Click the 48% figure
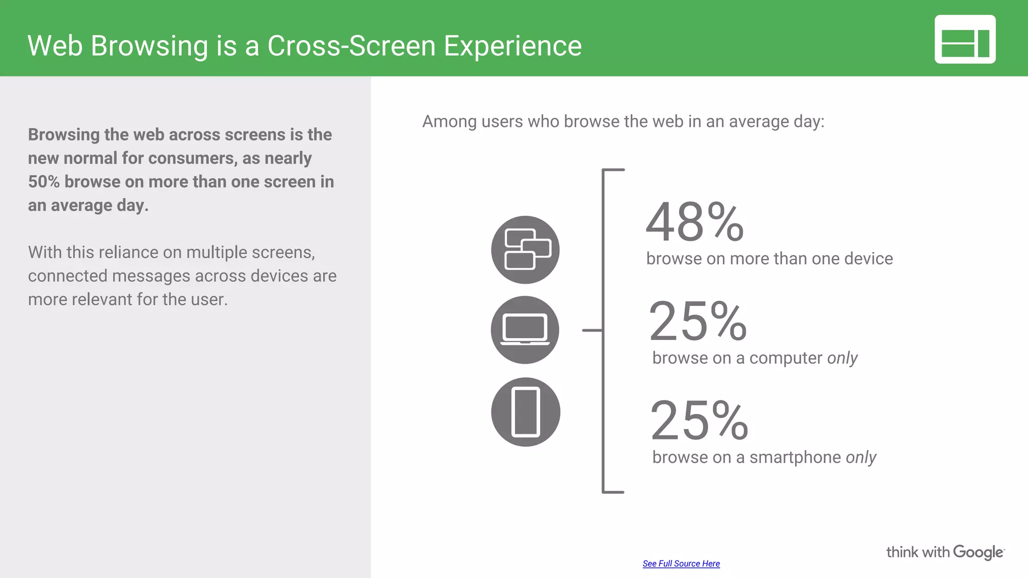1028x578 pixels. coord(695,222)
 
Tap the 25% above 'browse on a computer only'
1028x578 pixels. coord(698,322)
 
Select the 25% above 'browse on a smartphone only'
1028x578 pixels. coord(699,420)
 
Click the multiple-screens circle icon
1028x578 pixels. coord(525,250)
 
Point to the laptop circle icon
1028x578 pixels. coord(525,330)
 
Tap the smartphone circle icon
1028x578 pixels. coord(526,412)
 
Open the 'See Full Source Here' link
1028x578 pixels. coord(681,563)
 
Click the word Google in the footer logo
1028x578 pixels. coord(978,552)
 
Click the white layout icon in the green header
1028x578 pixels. coord(965,40)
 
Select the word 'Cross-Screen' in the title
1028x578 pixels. coord(351,46)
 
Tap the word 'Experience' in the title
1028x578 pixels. coord(512,46)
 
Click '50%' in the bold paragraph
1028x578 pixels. coord(44,182)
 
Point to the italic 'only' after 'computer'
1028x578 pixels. coord(842,358)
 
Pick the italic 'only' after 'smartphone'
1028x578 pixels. coord(861,458)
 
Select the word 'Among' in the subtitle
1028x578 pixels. coord(449,122)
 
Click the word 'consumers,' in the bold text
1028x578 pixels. coord(193,159)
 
